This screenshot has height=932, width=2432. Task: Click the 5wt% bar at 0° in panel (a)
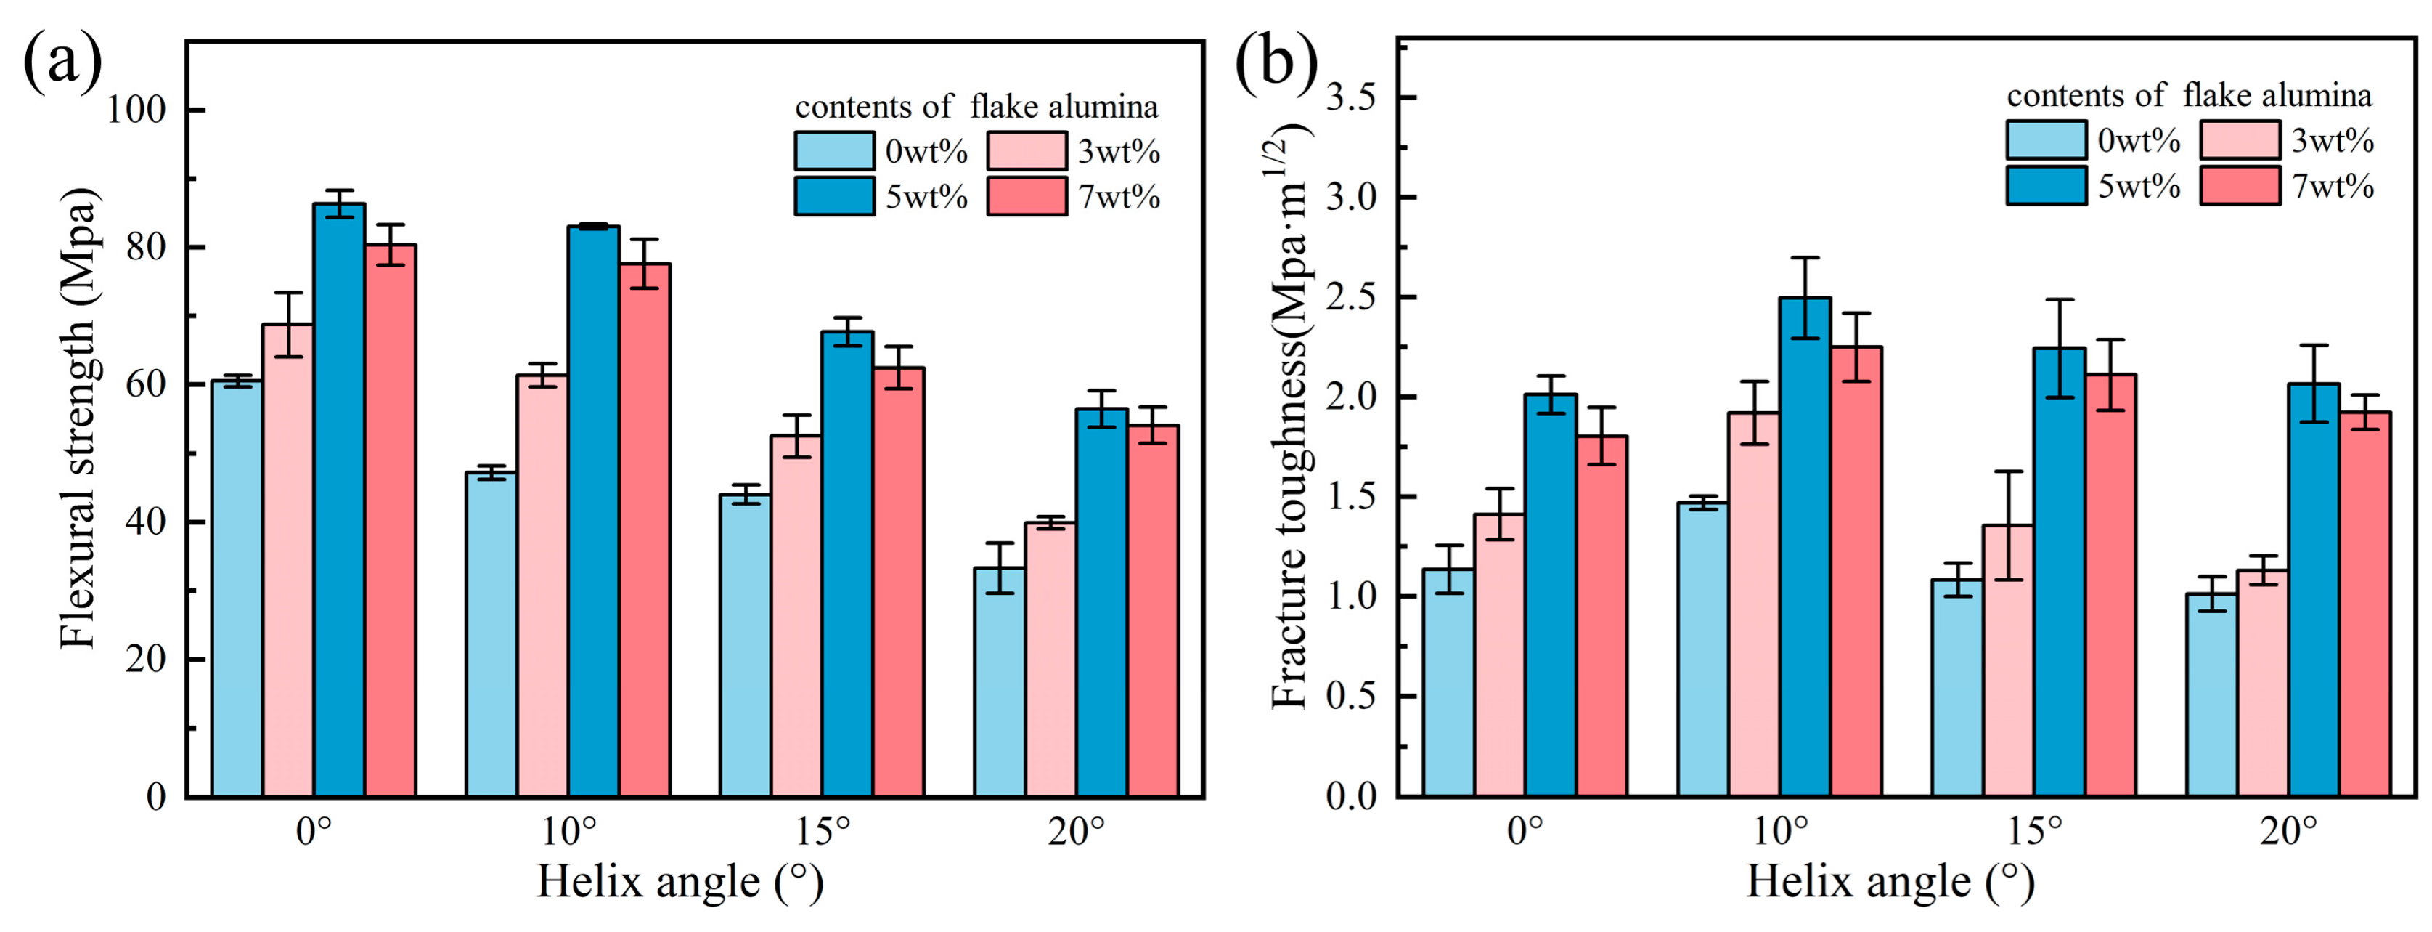(x=339, y=500)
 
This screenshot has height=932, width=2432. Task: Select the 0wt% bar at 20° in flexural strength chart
(x=1000, y=682)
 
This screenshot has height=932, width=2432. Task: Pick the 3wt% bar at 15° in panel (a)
(x=796, y=616)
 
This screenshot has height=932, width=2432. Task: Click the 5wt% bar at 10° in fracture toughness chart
(x=1805, y=547)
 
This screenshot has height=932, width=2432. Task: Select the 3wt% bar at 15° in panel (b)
(x=2008, y=661)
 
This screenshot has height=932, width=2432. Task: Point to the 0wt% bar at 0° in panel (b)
(x=1448, y=683)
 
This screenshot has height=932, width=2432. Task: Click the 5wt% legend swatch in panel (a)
(x=835, y=196)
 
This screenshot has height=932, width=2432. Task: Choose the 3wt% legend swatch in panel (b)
(x=2240, y=139)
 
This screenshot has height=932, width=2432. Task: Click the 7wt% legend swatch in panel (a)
(x=1027, y=196)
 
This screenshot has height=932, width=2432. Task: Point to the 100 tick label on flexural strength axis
(x=136, y=110)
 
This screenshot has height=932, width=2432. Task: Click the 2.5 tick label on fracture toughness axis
(x=1350, y=297)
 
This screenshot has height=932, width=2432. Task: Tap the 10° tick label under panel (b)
(x=1781, y=832)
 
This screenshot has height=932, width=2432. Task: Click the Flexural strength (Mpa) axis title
(x=78, y=418)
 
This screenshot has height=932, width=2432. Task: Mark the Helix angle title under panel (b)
(x=1890, y=882)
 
